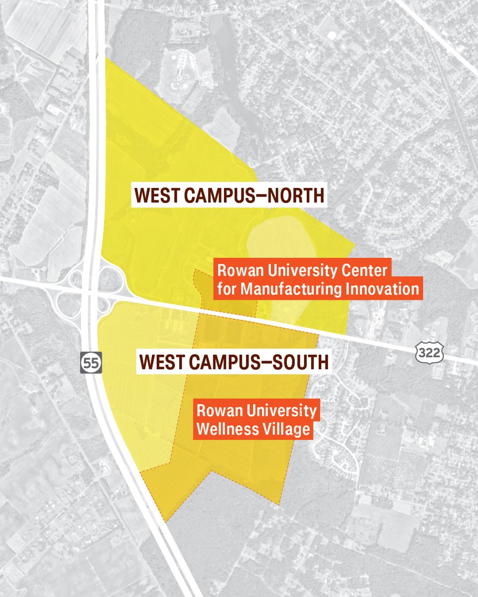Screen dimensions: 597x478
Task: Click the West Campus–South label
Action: [234, 362]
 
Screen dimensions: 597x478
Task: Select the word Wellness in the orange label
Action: [223, 429]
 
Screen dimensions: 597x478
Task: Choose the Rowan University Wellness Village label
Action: [255, 420]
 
